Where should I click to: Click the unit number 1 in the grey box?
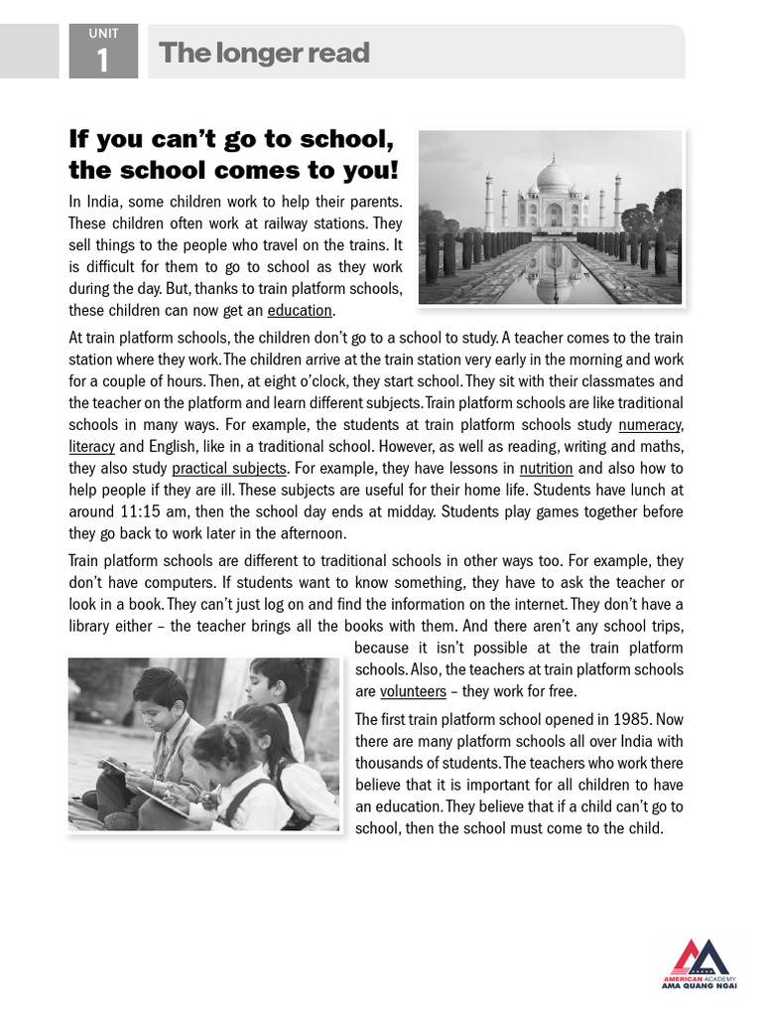[x=102, y=62]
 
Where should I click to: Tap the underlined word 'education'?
[x=300, y=311]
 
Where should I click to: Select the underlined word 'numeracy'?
[x=650, y=425]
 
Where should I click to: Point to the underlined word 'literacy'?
[x=91, y=447]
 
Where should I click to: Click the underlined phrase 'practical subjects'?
[x=229, y=469]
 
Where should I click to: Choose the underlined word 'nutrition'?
[x=546, y=469]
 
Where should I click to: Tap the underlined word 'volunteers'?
[x=413, y=691]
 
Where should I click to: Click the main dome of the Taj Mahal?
[x=553, y=179]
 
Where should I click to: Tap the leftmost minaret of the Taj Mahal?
[x=488, y=202]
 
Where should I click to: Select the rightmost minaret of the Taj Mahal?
[x=617, y=202]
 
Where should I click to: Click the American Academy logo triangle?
[x=699, y=957]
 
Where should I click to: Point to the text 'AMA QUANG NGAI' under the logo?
[x=699, y=989]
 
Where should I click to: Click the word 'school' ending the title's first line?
[x=342, y=138]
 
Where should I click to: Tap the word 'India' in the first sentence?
[x=102, y=202]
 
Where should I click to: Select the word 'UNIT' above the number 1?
[x=102, y=34]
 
